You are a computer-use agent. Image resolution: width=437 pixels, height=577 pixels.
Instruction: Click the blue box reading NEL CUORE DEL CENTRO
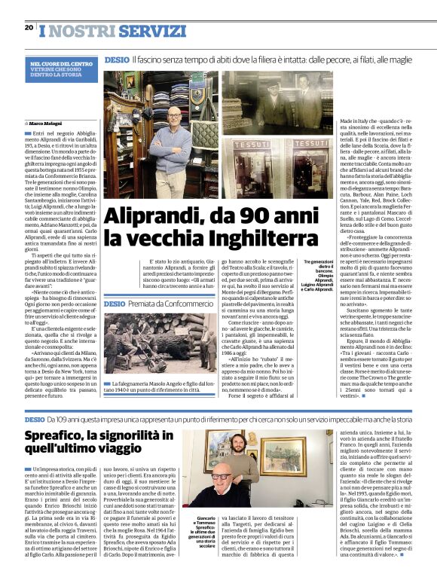point(63,69)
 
